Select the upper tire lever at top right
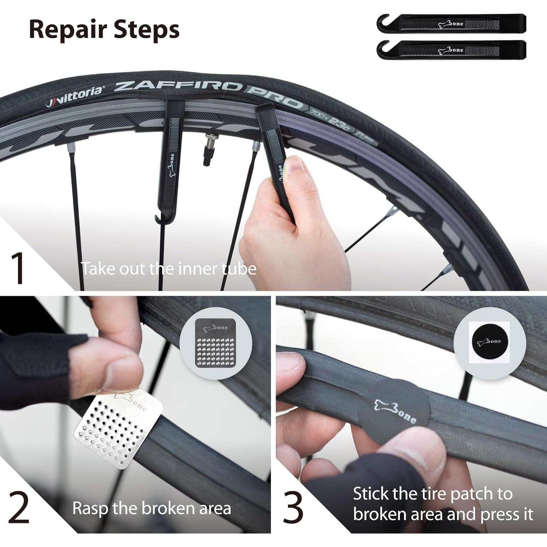click(x=451, y=23)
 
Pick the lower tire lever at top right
click(x=451, y=50)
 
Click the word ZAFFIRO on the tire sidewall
click(x=179, y=87)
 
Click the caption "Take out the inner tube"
click(x=168, y=269)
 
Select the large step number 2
click(x=19, y=508)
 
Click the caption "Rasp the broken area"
click(x=151, y=508)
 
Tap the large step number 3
click(x=293, y=508)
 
